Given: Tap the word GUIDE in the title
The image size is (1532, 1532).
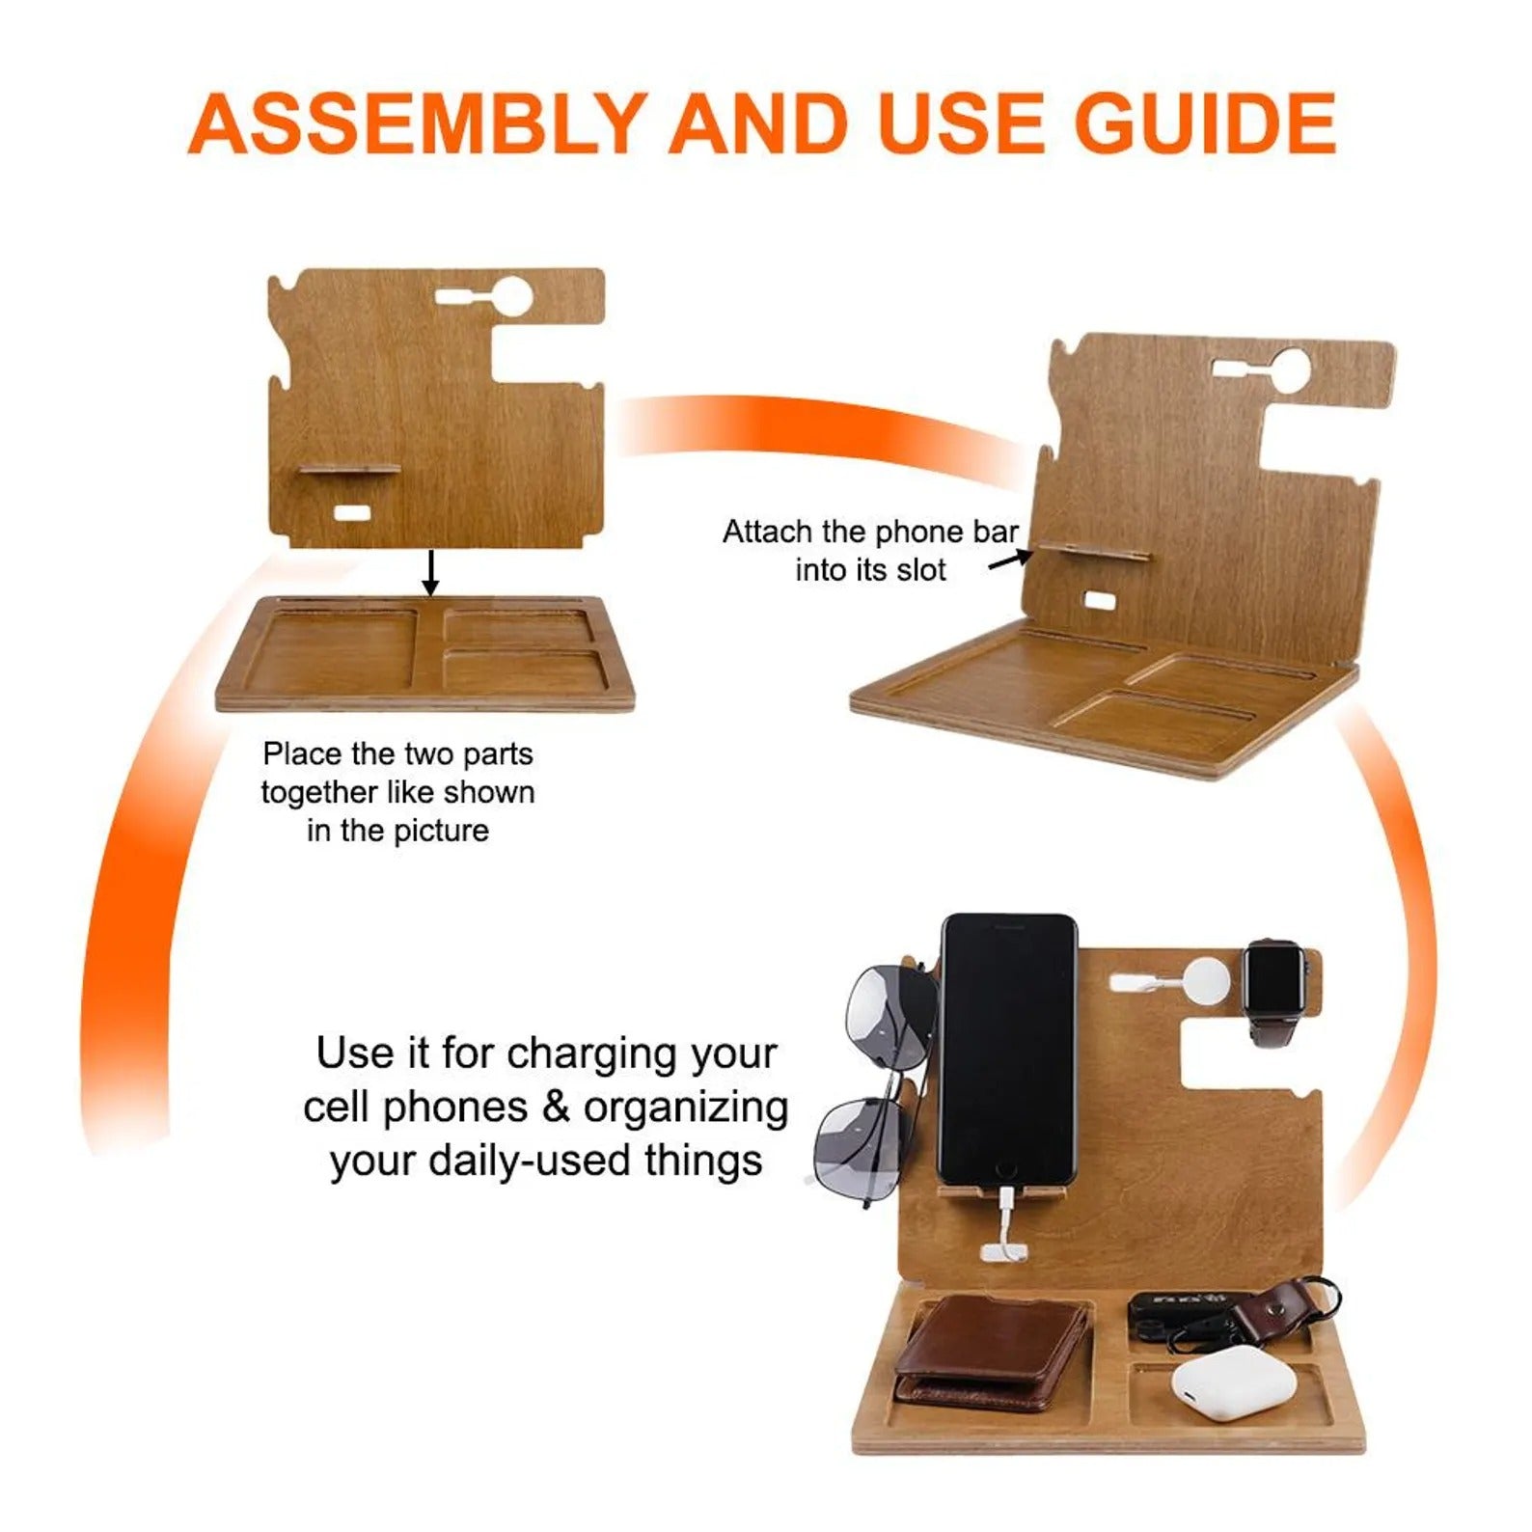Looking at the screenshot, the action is pos(1206,123).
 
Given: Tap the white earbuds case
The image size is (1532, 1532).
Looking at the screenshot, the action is pos(1234,1382).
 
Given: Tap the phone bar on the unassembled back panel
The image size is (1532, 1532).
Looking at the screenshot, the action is pos(348,470).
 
